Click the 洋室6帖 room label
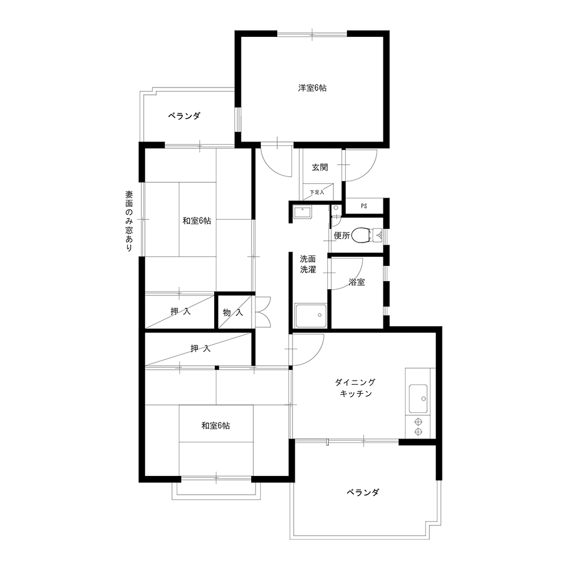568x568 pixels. [x=312, y=87]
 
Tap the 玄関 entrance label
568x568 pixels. [x=320, y=168]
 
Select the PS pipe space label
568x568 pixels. [x=364, y=206]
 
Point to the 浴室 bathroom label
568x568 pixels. [x=357, y=282]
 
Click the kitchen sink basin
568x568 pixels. [x=418, y=399]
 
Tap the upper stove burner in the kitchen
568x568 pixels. [x=419, y=421]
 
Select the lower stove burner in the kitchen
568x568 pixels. [x=419, y=432]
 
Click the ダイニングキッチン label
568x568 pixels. [x=356, y=387]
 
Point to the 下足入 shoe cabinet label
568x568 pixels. [x=317, y=193]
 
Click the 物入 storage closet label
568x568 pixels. [x=233, y=312]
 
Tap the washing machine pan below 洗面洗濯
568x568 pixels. [x=311, y=316]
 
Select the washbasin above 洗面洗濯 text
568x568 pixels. [x=302, y=212]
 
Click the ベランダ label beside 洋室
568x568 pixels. [x=184, y=116]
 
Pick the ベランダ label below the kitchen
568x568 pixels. [x=363, y=492]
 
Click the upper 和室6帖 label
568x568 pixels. [x=197, y=220]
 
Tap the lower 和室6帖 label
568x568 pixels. [x=215, y=425]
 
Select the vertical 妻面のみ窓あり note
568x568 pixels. [x=129, y=221]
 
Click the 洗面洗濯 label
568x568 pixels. [x=308, y=264]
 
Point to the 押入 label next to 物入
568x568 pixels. [x=181, y=311]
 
